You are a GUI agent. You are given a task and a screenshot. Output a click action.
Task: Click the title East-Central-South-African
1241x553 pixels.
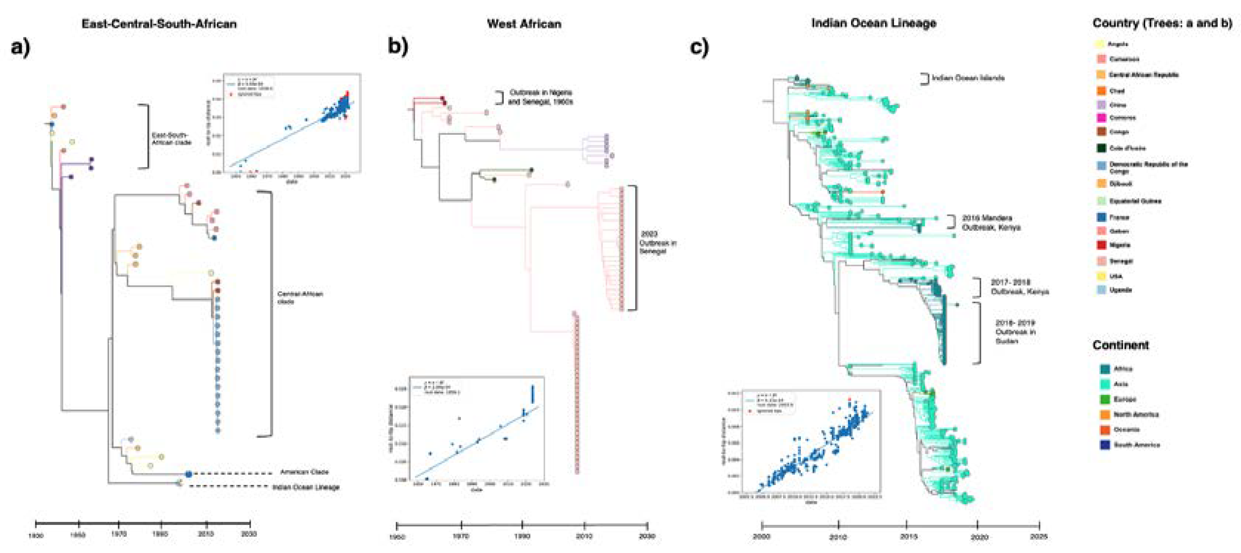pos(159,24)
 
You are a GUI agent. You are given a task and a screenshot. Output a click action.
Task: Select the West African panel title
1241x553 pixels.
pos(524,24)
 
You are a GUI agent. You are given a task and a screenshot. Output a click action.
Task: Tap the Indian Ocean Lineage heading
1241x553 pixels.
pos(873,23)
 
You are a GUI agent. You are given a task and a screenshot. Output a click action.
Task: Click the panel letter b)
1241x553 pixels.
pos(398,47)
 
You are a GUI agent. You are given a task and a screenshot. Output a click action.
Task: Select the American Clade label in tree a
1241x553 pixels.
pos(304,472)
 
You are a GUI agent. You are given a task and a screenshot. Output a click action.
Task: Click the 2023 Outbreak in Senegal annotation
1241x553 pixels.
pos(657,242)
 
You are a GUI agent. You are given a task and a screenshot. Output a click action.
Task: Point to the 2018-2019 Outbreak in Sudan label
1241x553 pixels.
pos(1015,332)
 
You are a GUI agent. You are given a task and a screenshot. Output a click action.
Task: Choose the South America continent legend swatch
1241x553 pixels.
pos(1105,445)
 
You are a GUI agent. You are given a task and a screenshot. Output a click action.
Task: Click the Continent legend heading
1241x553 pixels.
pos(1120,345)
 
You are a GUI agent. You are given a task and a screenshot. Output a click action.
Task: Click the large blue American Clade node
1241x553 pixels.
pos(188,475)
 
